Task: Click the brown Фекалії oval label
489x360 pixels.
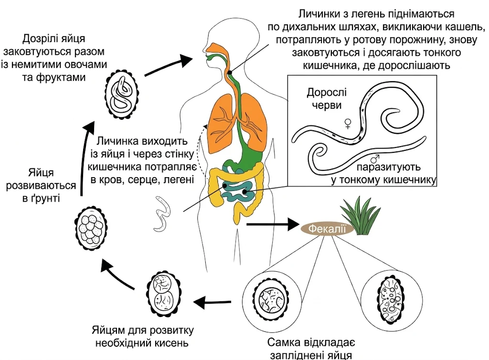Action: pyautogui.click(x=327, y=229)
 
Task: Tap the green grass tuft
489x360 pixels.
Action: pyautogui.click(x=361, y=215)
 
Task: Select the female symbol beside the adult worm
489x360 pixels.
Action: pyautogui.click(x=348, y=124)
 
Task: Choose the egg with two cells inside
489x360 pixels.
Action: pyautogui.click(x=164, y=294)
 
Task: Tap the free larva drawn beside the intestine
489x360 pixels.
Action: pyautogui.click(x=162, y=214)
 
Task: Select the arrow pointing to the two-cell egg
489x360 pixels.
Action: pyautogui.click(x=212, y=302)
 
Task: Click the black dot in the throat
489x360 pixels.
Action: pyautogui.click(x=230, y=73)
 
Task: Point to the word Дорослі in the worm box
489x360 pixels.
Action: pyautogui.click(x=327, y=93)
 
